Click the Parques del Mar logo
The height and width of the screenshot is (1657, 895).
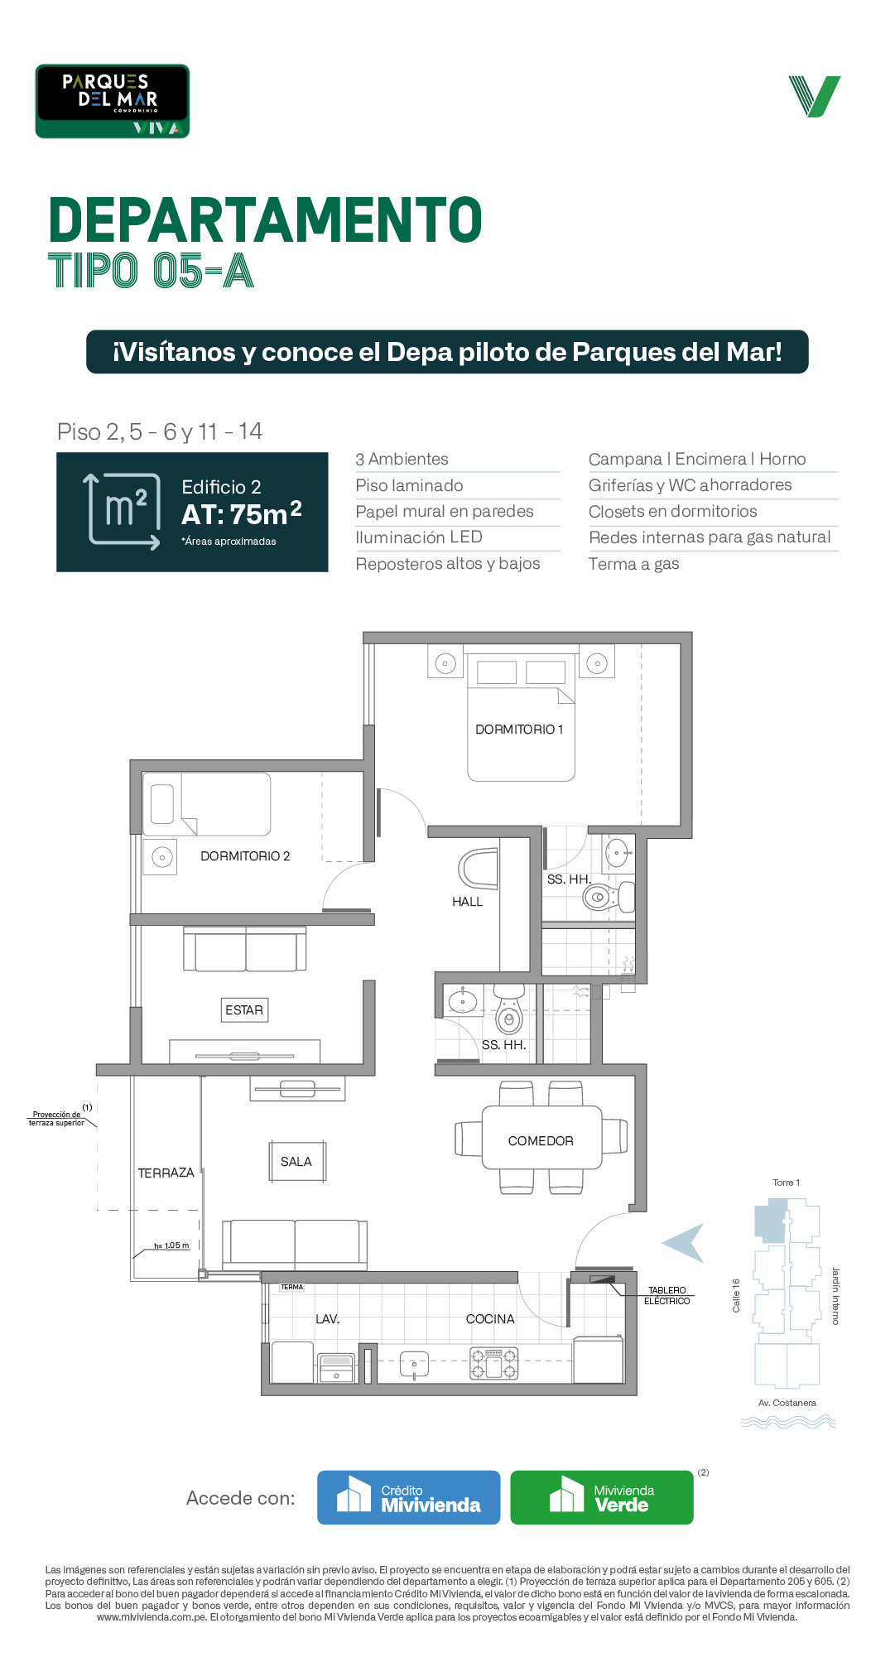click(x=113, y=101)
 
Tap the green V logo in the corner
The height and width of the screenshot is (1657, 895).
click(x=815, y=96)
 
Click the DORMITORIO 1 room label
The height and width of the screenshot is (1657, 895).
click(x=519, y=730)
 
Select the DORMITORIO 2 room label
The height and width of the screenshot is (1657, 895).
click(x=245, y=856)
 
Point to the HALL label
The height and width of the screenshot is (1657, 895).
click(x=467, y=902)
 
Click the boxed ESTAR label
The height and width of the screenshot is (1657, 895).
click(x=244, y=1010)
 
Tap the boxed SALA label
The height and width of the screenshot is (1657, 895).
click(x=296, y=1162)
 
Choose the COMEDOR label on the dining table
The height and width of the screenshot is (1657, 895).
click(x=541, y=1141)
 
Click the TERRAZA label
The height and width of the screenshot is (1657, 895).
click(x=166, y=1173)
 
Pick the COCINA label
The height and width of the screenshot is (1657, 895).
click(x=490, y=1319)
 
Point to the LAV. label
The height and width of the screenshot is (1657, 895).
click(x=328, y=1319)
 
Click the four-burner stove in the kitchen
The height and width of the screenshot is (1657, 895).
click(x=494, y=1363)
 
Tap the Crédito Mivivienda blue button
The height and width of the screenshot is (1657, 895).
click(x=409, y=1497)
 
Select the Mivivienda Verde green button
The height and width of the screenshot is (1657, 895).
click(x=602, y=1497)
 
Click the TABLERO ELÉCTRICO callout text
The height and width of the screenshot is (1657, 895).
click(x=667, y=1296)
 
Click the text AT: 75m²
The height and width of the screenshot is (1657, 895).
click(x=242, y=513)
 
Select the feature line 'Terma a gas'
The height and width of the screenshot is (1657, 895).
click(x=634, y=564)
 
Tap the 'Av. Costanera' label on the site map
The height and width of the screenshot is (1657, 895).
click(x=787, y=1403)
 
